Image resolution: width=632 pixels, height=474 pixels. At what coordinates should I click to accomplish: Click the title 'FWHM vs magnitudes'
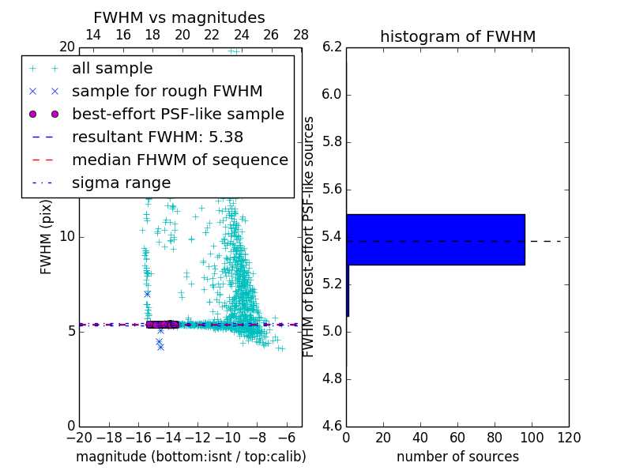coord(179,17)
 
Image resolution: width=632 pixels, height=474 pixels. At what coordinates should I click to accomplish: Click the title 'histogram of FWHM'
coord(457,36)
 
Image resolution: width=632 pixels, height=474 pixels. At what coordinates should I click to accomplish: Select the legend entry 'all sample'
coord(112,69)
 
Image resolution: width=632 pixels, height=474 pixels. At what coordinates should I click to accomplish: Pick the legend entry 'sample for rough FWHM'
coord(167,92)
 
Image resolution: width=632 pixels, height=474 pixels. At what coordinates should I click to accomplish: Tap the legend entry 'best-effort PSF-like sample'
coord(178,114)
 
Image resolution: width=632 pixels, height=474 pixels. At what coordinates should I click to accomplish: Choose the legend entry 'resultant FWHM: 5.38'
coord(157,137)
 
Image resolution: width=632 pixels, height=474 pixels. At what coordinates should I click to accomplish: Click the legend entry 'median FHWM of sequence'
coord(179,160)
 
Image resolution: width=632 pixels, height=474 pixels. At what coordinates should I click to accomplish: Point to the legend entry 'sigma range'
coord(121,182)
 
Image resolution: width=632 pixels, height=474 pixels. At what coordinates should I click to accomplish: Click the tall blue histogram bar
coord(435,239)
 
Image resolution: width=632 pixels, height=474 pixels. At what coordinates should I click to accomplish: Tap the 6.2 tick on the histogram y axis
coord(332,47)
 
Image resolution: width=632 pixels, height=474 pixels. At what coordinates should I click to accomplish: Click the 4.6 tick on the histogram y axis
coord(332,427)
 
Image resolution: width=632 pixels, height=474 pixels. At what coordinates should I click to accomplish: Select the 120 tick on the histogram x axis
coord(569,438)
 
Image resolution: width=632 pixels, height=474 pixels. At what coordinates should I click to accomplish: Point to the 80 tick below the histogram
coord(495,438)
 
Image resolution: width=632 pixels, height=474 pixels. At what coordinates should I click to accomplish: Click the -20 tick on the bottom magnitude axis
coord(79,438)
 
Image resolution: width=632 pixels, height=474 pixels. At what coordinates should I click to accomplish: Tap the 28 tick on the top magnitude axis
coord(301,35)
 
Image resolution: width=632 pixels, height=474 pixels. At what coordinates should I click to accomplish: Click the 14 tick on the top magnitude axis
coord(92,35)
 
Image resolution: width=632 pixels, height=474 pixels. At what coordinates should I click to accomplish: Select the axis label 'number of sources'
coord(457,457)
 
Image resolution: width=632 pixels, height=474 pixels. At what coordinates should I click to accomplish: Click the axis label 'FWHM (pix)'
coord(47,236)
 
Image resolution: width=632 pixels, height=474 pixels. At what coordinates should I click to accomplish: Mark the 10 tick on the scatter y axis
coord(68,237)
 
